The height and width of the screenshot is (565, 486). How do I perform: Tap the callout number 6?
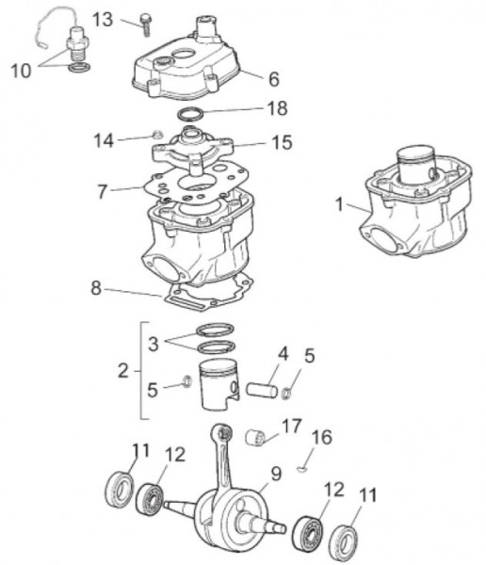pyautogui.click(x=274, y=79)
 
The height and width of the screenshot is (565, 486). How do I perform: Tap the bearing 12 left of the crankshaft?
pyautogui.click(x=150, y=498)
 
